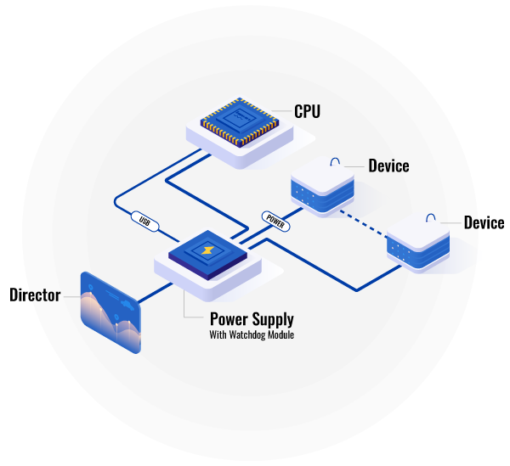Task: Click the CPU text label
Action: point(307,110)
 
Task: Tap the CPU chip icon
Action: point(240,120)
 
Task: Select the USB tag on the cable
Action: point(144,221)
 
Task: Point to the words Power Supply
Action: point(252,319)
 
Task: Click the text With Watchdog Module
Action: point(252,335)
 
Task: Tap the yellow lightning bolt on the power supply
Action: point(207,251)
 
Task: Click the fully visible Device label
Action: point(388,166)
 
